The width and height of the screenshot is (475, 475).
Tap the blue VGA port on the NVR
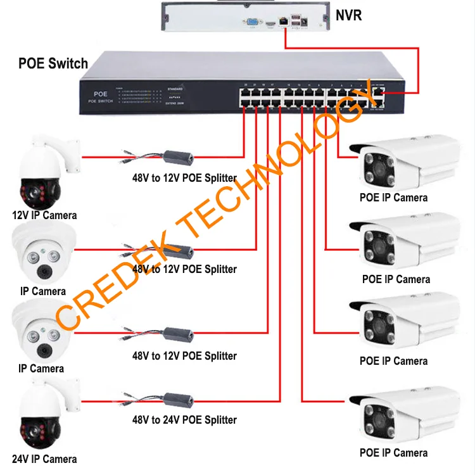click(253, 22)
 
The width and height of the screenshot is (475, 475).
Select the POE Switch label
click(53, 63)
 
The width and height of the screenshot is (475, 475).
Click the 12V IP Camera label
click(44, 215)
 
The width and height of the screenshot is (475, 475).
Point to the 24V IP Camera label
click(44, 459)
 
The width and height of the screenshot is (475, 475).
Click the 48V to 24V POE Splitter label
click(184, 420)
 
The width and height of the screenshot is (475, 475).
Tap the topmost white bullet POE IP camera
click(405, 161)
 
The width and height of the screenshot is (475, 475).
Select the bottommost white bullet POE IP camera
click(405, 418)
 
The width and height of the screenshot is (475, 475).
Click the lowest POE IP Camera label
click(393, 453)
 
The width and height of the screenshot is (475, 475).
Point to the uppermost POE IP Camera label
click(393, 198)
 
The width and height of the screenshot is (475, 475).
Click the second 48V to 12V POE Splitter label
click(184, 269)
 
